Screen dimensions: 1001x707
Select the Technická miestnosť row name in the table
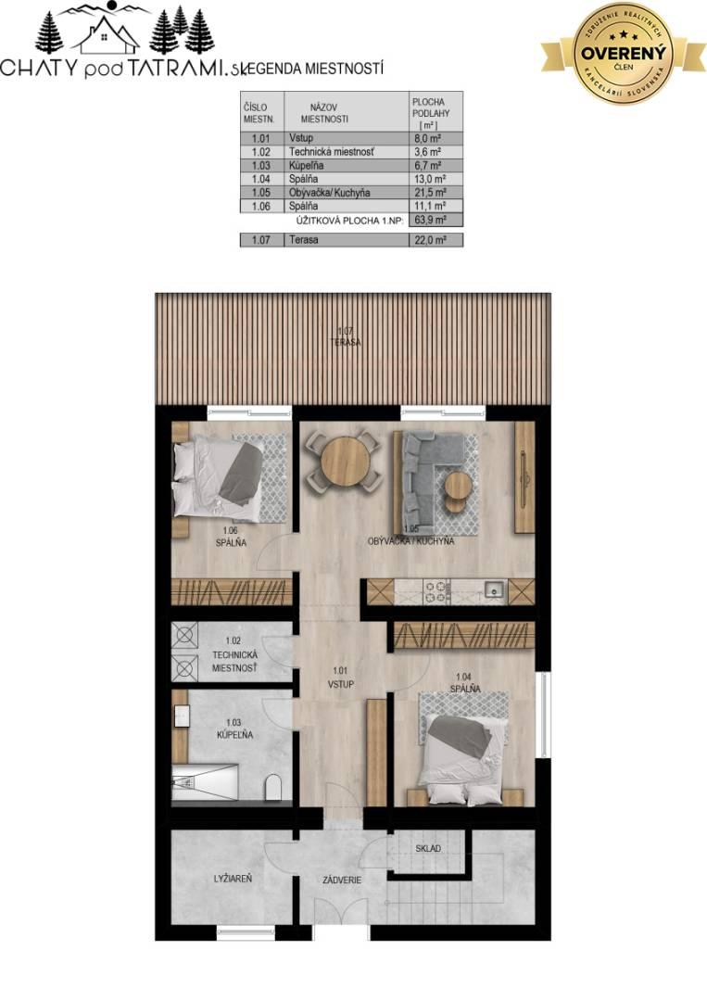[331, 151]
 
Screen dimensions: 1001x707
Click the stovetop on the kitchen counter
[436, 591]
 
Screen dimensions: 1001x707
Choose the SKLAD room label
[427, 848]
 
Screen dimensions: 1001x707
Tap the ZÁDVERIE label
[342, 880]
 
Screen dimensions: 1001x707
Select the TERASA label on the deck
[347, 343]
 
